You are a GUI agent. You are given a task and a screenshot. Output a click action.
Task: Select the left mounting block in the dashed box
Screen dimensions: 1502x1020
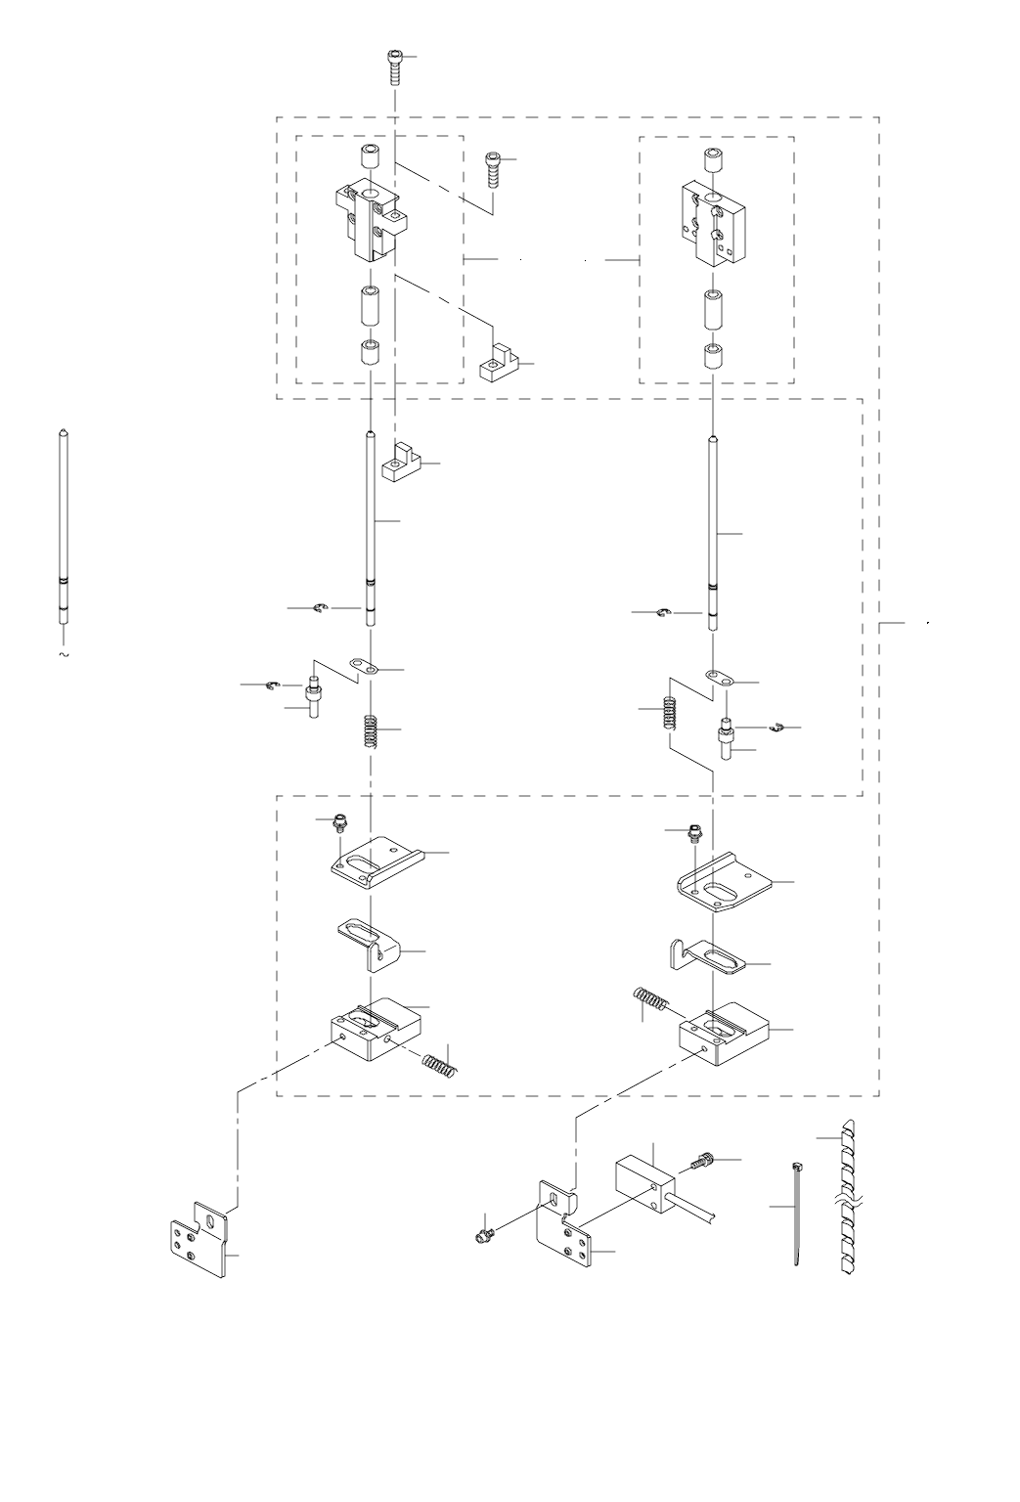point(370,221)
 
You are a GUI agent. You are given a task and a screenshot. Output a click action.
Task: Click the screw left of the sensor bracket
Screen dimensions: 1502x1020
point(482,1236)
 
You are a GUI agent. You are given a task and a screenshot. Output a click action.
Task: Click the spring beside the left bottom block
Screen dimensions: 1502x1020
point(440,1061)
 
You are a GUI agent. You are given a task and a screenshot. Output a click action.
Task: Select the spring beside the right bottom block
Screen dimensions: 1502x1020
point(649,1001)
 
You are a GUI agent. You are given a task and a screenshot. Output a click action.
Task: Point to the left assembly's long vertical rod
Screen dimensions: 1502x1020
point(371,528)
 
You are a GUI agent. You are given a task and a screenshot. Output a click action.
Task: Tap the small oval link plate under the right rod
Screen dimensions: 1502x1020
point(719,678)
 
